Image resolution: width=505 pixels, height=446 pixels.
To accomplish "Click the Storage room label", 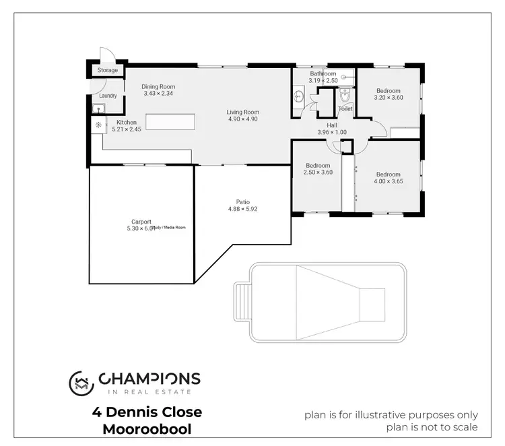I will coord(108,70).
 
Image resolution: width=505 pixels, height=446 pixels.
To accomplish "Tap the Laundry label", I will coord(108,96).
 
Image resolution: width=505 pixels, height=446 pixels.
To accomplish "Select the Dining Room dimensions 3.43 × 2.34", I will coord(158,94).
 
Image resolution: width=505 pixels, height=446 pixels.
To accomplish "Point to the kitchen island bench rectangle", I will coord(171,122).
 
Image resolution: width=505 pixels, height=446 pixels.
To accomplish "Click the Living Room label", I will coord(242,112).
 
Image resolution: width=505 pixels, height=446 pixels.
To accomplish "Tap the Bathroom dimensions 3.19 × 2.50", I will coord(322,81).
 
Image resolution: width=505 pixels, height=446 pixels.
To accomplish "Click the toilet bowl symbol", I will coord(344,94).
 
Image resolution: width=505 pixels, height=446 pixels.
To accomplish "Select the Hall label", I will coord(331,125).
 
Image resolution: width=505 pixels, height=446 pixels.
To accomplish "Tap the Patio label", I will coord(242,201).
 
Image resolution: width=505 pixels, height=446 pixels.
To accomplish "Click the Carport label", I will coord(141,222).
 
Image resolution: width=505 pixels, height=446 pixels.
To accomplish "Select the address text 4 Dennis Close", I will coord(147,412).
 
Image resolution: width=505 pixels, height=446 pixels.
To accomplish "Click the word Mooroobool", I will coord(147,429).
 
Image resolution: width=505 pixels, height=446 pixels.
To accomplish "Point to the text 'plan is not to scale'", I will coord(432,427).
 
